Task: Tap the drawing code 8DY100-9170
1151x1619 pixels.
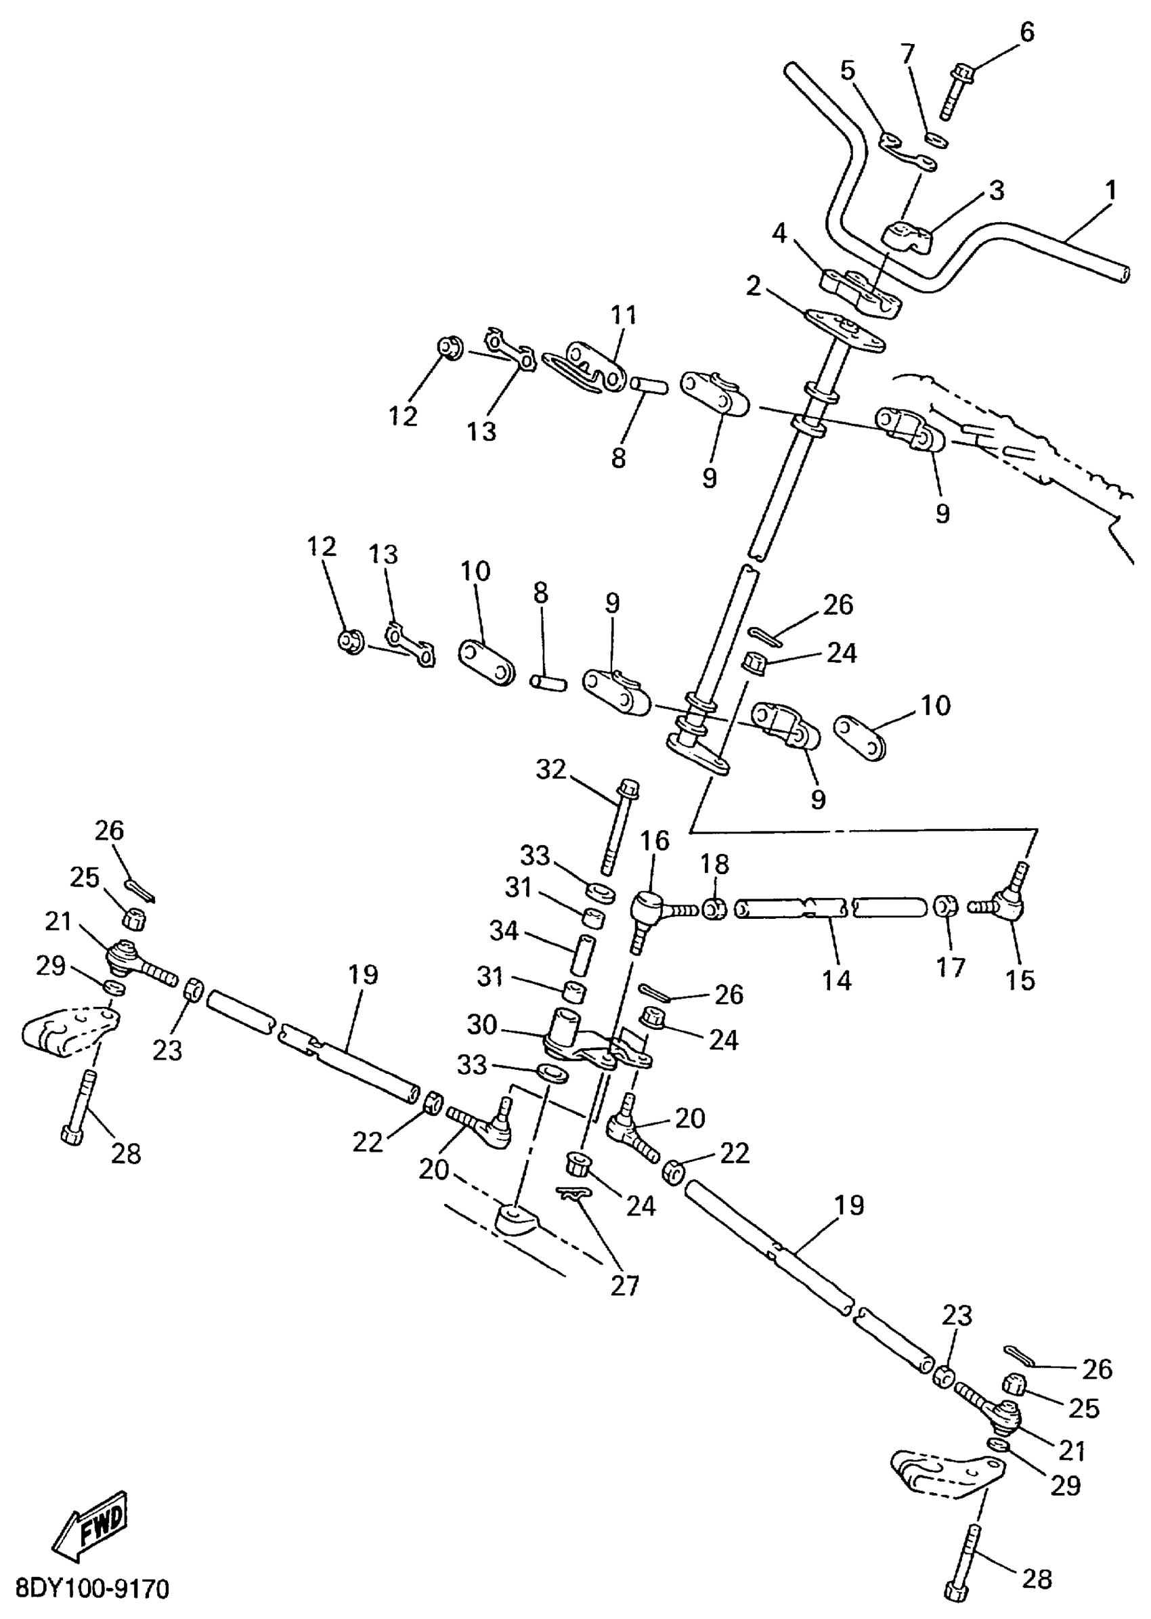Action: pos(92,1589)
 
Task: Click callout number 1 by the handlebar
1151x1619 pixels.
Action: pos(1110,191)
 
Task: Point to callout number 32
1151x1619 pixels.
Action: pos(550,769)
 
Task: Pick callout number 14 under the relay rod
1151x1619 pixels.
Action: pos(836,980)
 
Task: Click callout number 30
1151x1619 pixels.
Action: pos(481,1024)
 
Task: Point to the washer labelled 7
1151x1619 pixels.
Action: pos(936,138)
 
